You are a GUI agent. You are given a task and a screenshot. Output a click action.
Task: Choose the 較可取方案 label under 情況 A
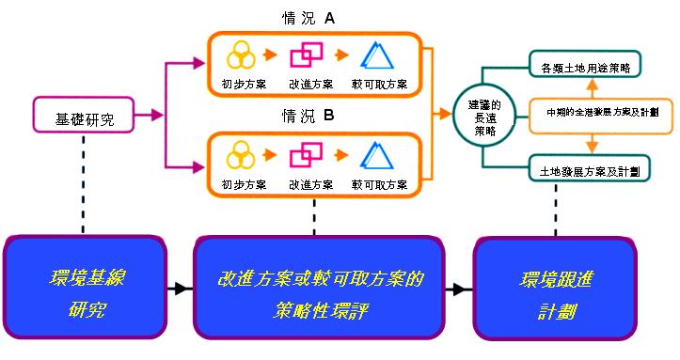pos(378,84)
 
